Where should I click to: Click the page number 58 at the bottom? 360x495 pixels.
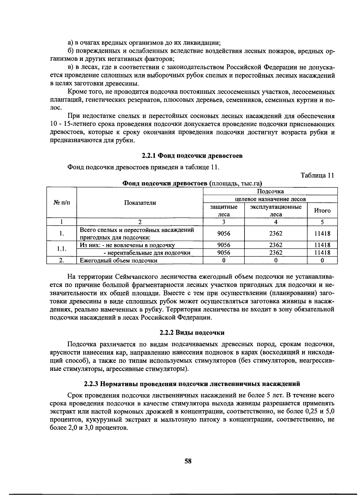[188, 461]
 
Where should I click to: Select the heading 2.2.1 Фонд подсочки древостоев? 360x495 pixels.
[192, 156]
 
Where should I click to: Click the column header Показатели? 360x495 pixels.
[140, 203]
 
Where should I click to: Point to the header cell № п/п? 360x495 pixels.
[62, 203]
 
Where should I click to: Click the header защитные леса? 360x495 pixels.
[224, 210]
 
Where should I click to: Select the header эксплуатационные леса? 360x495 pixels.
[276, 210]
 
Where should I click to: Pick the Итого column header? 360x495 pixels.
[322, 210]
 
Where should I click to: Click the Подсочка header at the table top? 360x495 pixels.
[270, 191]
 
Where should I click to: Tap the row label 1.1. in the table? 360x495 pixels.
[62, 249]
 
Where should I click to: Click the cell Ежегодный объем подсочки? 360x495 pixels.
[118, 261]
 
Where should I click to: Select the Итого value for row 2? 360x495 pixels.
[322, 261]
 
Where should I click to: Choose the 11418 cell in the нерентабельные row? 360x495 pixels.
[322, 253]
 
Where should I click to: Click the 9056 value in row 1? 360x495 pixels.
[224, 234]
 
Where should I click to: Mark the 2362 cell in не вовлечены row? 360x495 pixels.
[276, 245]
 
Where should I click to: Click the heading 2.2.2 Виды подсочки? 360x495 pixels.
[192, 332]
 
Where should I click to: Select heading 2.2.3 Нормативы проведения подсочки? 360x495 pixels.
[192, 383]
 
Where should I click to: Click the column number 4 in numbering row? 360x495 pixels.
[276, 222]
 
